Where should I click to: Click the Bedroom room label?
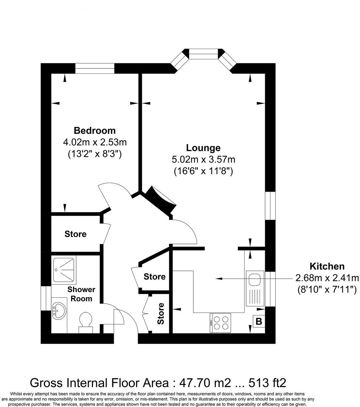pos(95,130)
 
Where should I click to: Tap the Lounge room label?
pos(203,148)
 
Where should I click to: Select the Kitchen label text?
pos(327,266)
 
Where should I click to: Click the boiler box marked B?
pos(259,322)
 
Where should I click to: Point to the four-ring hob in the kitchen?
pos(221,323)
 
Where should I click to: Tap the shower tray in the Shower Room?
pos(64,270)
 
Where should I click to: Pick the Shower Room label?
pos(82,294)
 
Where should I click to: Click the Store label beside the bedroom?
pos(75,234)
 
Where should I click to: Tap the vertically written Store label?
pos(161,313)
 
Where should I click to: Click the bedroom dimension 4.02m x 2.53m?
pos(95,142)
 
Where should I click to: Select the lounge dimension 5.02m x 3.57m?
pos(203,159)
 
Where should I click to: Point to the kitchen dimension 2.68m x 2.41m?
pos(327,278)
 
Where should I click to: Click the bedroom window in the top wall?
pos(95,68)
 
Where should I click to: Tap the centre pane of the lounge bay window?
pos(203,54)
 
